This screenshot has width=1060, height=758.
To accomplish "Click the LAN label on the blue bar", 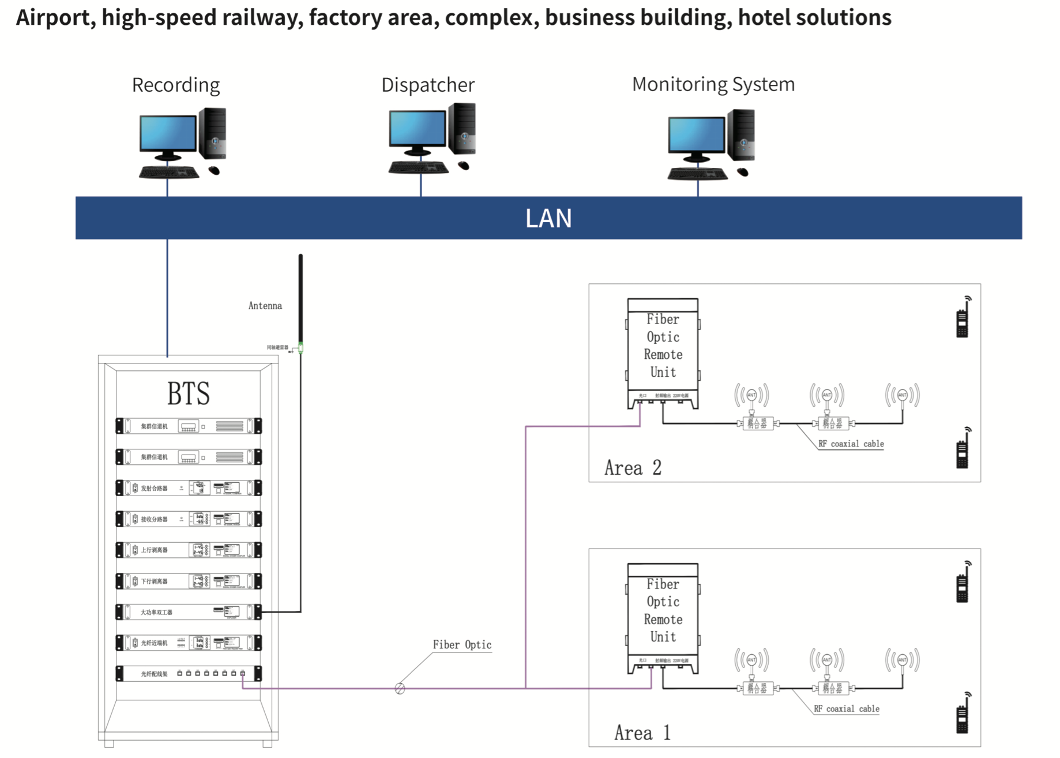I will click(548, 218).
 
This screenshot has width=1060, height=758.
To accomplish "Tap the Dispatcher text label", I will click(428, 85).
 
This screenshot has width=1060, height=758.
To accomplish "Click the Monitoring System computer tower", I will click(741, 134).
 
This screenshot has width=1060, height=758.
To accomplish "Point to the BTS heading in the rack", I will click(188, 393).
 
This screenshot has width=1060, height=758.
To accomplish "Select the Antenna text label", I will click(265, 306).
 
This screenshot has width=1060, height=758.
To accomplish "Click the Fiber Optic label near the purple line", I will click(462, 645).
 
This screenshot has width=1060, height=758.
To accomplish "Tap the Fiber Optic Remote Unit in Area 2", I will click(663, 353).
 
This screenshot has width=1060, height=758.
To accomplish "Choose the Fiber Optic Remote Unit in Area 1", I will click(663, 618).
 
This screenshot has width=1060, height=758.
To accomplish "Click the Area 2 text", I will click(633, 467).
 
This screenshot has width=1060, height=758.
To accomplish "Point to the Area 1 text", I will click(642, 733).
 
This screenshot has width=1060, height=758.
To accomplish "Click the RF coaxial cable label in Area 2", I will click(851, 444).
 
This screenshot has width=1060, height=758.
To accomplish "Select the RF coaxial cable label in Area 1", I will click(846, 708).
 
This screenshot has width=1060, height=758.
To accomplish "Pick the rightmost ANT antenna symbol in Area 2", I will click(902, 396).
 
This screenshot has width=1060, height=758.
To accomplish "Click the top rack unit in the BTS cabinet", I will click(189, 426).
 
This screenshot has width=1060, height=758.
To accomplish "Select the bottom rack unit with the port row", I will click(189, 673).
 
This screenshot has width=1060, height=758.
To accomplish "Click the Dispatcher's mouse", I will click(464, 166).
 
